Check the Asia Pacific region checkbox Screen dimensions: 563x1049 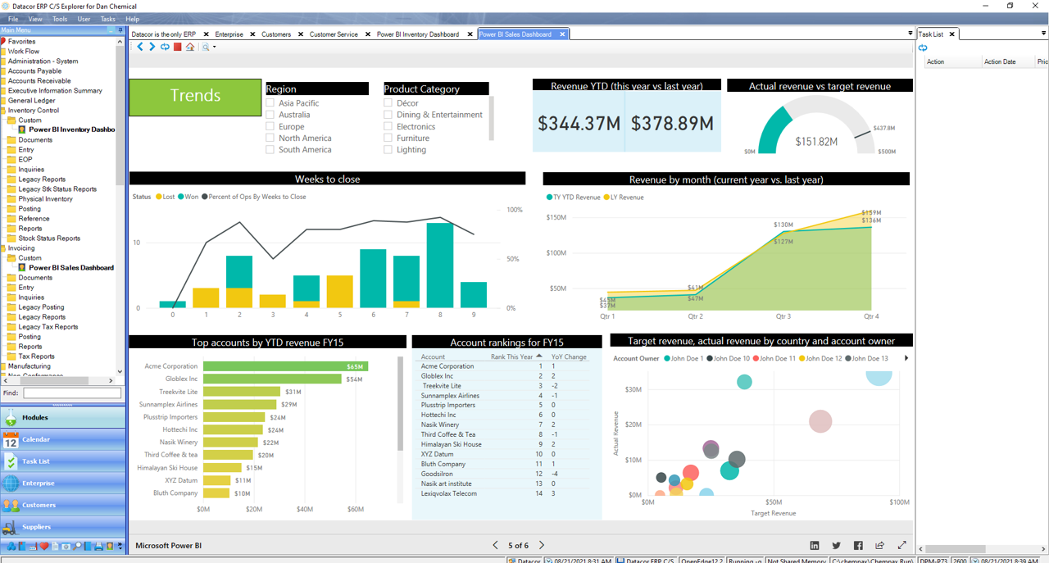pos(270,103)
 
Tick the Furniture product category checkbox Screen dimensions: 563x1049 pos(388,138)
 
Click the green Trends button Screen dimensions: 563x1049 pos(195,96)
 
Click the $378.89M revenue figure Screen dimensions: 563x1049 pos(672,124)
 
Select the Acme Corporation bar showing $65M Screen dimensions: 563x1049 pos(284,366)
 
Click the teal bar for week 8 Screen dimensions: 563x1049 pos(440,265)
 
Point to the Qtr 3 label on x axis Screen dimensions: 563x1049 pos(783,316)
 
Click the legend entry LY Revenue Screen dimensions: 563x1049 pos(626,198)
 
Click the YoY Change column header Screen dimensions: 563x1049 pos(569,356)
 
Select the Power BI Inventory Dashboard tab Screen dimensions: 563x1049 pos(418,34)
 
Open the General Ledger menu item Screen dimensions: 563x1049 pos(32,101)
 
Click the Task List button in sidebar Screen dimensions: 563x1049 pos(36,461)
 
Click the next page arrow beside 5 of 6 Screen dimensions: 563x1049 pos(542,545)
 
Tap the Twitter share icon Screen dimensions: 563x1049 pos(836,545)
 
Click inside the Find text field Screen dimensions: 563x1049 pos(71,393)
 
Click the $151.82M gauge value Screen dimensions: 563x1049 pos(816,142)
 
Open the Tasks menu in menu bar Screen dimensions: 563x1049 pos(107,19)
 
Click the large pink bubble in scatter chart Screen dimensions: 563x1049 pos(820,421)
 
